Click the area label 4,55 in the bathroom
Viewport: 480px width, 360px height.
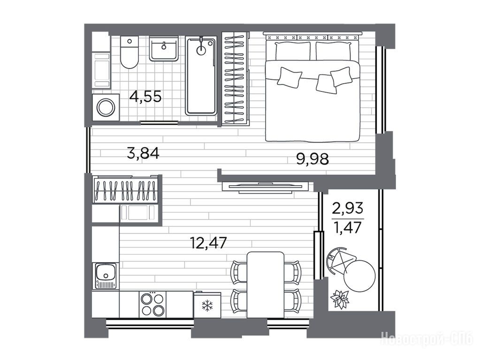[x=145, y=97]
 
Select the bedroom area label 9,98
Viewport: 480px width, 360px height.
[x=312, y=159]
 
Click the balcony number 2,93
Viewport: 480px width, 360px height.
[x=348, y=209]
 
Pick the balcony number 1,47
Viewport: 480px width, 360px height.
[x=348, y=228]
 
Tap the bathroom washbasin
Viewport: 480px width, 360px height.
[x=164, y=48]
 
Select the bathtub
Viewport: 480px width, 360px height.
[x=201, y=75]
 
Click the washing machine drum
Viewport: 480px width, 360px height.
[x=106, y=107]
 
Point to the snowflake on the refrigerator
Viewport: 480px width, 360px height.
[x=207, y=305]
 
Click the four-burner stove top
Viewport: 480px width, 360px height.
[x=152, y=304]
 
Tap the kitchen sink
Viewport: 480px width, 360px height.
[x=105, y=276]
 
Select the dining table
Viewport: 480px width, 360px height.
[x=266, y=285]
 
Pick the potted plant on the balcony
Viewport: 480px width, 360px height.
[x=340, y=299]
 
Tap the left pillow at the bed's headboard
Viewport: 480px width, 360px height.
[x=293, y=51]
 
